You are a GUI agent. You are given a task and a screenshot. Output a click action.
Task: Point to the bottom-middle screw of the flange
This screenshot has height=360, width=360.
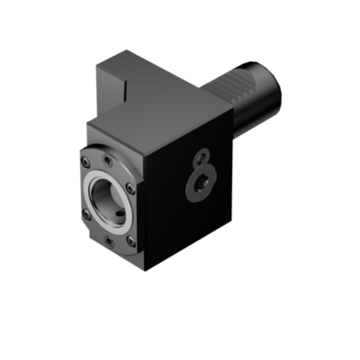tap(109, 242)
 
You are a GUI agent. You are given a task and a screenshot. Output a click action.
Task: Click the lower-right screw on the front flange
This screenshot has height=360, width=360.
tap(131, 241)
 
